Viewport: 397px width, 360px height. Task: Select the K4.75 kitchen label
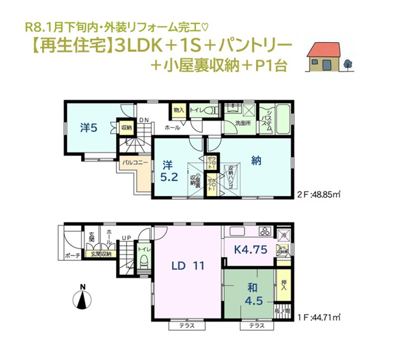[x=248, y=247]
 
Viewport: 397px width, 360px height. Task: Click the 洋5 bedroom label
[x=90, y=127]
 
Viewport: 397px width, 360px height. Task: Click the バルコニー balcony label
[x=132, y=165]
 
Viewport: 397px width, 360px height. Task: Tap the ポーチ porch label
[x=72, y=256]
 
